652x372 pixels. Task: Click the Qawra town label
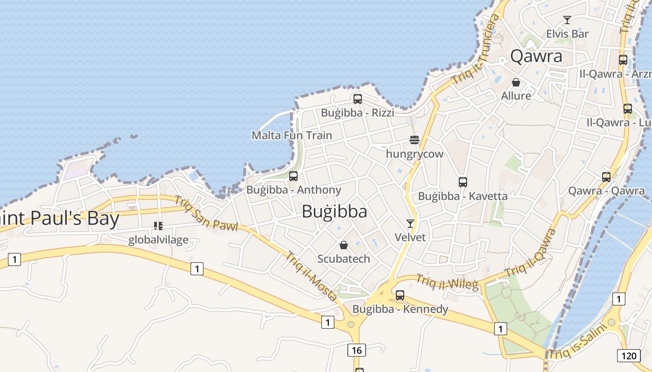click(537, 56)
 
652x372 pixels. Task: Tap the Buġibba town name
click(334, 212)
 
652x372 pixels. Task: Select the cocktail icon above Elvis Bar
click(567, 20)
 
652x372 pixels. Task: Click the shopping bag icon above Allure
click(516, 82)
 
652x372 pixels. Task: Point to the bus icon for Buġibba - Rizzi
click(358, 99)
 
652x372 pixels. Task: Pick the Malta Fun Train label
click(292, 135)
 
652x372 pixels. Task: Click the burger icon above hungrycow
click(414, 139)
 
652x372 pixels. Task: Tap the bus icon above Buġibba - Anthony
click(293, 176)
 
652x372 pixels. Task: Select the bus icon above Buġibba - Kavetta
click(462, 182)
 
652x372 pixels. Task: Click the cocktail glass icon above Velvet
click(410, 224)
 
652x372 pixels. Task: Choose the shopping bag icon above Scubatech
click(344, 245)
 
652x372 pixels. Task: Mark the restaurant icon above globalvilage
click(158, 226)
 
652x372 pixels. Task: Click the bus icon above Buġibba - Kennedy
click(400, 295)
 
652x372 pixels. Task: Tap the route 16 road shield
click(356, 350)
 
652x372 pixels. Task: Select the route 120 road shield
click(628, 356)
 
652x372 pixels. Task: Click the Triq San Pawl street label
click(206, 213)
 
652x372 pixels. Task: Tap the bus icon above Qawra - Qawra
click(606, 177)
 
